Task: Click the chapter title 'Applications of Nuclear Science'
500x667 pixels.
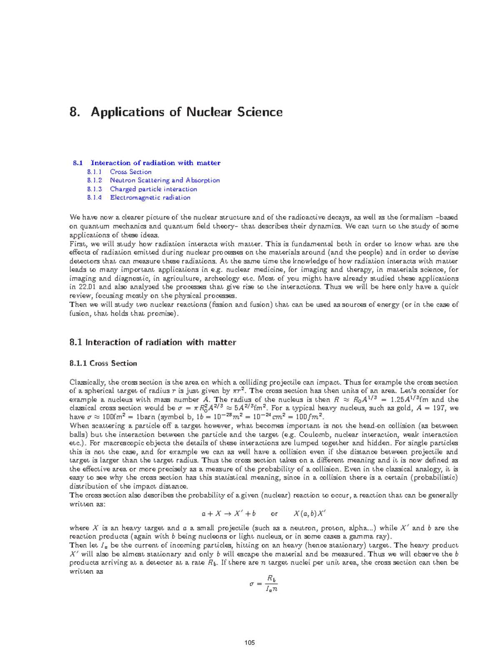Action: click(187, 112)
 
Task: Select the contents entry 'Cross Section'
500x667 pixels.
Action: click(130, 172)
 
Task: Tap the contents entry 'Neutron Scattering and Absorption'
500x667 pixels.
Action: click(165, 180)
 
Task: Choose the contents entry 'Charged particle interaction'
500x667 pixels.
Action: click(153, 189)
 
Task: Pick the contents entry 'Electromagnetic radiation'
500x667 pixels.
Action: click(150, 198)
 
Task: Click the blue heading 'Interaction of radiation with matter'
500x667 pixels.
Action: click(155, 163)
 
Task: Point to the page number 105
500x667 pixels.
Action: click(250, 642)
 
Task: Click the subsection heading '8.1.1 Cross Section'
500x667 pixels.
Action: click(103, 364)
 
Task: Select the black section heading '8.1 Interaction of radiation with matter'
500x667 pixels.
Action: click(153, 342)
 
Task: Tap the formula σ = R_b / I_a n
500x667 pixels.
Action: click(264, 584)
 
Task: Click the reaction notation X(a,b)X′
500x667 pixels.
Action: click(310, 514)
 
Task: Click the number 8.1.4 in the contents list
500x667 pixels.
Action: click(95, 198)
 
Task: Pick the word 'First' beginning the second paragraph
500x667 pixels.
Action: click(77, 244)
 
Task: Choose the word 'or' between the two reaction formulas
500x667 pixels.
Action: click(274, 514)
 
